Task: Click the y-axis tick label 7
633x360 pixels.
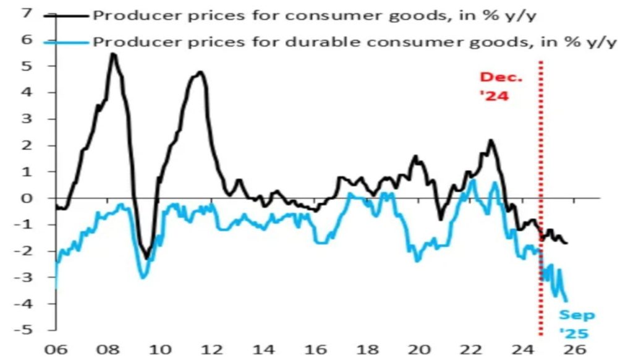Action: tap(26, 12)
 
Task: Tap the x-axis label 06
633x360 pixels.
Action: tap(56, 349)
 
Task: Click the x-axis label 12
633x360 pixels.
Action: tap(211, 349)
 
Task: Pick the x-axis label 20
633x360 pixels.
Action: tap(419, 349)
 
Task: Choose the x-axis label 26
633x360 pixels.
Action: tap(575, 349)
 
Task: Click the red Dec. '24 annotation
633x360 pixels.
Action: tap(501, 87)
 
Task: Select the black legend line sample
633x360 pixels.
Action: tap(67, 14)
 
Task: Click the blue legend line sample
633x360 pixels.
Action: tap(67, 42)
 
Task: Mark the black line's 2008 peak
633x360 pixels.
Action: tap(113, 54)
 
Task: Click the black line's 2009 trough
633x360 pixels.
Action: tap(147, 257)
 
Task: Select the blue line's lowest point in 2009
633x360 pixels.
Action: tap(143, 276)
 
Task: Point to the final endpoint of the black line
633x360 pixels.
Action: tap(567, 242)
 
